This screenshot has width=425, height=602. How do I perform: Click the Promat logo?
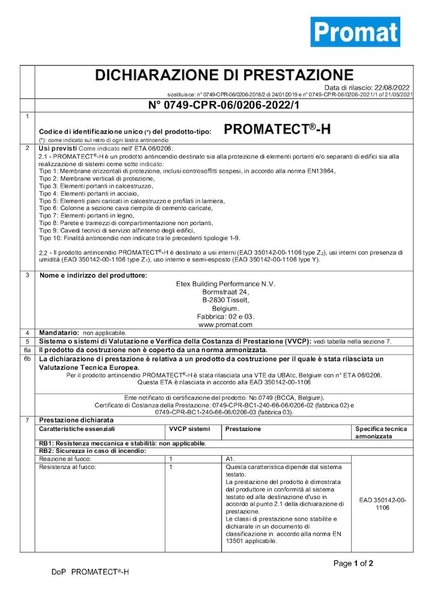tap(355, 32)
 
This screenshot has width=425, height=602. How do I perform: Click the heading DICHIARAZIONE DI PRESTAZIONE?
tap(224, 75)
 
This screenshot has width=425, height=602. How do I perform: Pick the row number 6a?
tap(27, 349)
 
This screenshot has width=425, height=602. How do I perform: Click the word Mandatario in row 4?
tap(59, 332)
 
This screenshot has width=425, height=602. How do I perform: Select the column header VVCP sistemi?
tap(191, 429)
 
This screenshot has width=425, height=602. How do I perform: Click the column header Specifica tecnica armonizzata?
tap(381, 433)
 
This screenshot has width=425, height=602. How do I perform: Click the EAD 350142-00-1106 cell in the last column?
tap(383, 504)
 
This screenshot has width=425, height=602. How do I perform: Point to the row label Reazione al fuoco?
tap(66, 459)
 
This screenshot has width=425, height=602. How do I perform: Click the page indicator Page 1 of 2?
tap(353, 563)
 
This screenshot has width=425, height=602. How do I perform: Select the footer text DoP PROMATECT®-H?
tap(90, 571)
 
